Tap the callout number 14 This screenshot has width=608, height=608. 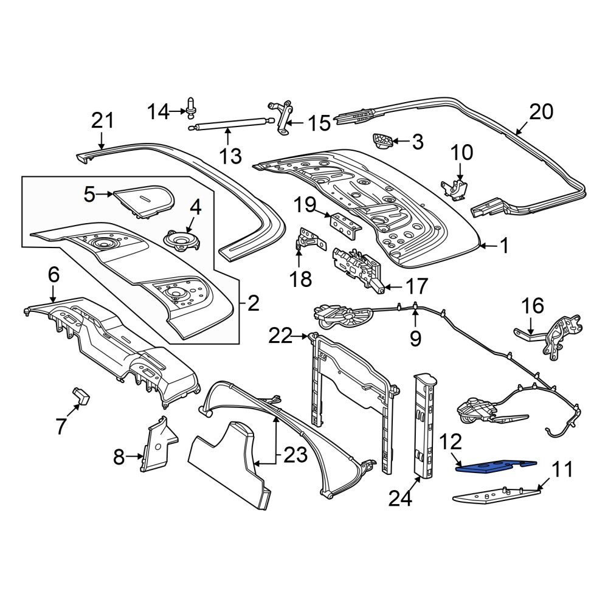click(158, 112)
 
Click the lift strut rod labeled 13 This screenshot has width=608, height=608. click(231, 125)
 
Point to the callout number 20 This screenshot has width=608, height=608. click(541, 112)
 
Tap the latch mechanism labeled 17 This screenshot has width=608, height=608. click(358, 267)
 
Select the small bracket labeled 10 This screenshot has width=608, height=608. click(454, 190)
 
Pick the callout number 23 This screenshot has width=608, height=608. click(295, 455)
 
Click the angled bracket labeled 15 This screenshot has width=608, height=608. click(284, 119)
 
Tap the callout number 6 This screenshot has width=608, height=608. click(54, 275)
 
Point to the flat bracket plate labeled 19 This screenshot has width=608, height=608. click(345, 225)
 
